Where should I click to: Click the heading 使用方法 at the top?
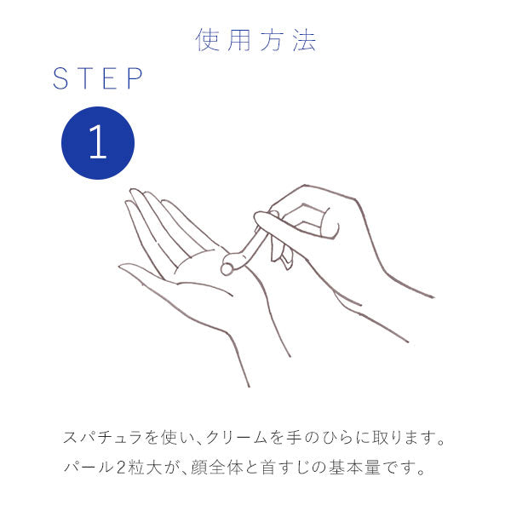[x=255, y=40]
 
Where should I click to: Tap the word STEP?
[x=98, y=79]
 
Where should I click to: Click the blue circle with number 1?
[x=98, y=143]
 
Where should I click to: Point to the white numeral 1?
[x=98, y=143]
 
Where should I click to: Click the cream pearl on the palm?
[x=227, y=269]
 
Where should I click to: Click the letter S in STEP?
[x=60, y=79]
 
